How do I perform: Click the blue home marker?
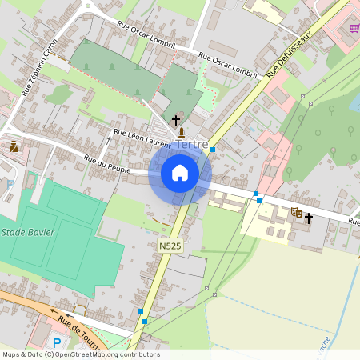point(180,173)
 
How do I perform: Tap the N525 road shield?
point(170,247)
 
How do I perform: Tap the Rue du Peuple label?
point(102,164)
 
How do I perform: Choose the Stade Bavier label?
point(23,232)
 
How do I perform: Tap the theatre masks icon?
point(296,213)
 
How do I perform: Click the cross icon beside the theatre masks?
point(308,217)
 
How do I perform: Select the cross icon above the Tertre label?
point(176,120)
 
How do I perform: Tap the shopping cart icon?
point(354,29)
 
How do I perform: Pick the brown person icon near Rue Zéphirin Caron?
point(14,146)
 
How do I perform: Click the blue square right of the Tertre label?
point(213,149)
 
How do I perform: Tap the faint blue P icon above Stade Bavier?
point(10,184)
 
